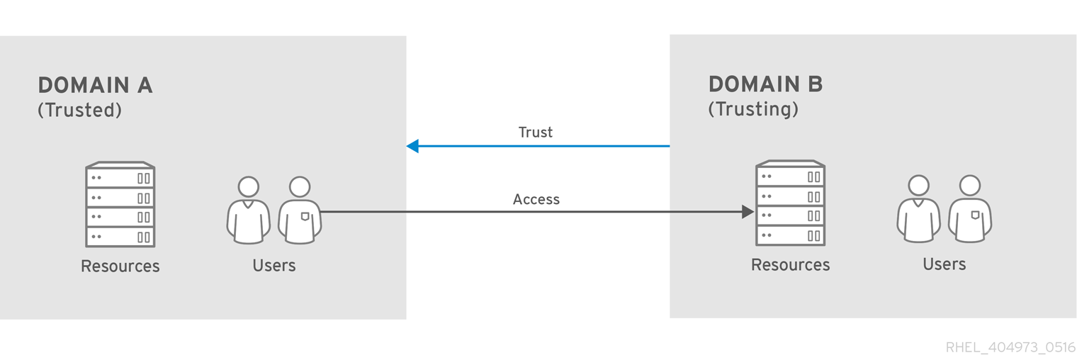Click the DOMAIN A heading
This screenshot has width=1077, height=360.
pos(95,86)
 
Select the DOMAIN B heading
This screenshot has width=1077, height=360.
pos(765,84)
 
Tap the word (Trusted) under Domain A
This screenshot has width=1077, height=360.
pos(79,111)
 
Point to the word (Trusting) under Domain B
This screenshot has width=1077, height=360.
pos(753,109)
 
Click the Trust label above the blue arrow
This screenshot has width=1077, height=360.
pos(535,133)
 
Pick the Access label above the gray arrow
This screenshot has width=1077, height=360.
pos(536,200)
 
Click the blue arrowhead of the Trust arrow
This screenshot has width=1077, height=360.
pos(412,146)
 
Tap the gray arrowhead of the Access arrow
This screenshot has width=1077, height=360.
pos(748,211)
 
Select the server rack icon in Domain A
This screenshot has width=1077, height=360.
pos(120,205)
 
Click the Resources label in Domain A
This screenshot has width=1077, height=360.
pos(120,266)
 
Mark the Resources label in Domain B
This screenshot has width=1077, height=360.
pos(790,265)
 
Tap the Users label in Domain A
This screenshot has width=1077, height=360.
pos(274,266)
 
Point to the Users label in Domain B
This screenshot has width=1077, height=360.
pos(944,264)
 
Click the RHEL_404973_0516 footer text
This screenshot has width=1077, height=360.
pos(1010,347)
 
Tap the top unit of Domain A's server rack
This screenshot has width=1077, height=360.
pos(120,178)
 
